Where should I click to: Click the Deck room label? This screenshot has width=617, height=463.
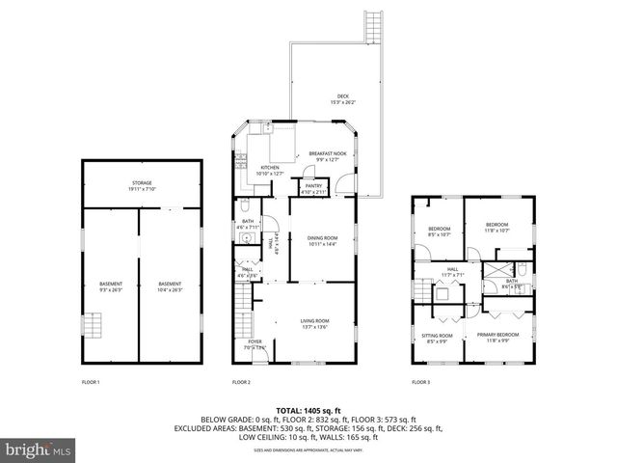[343, 100]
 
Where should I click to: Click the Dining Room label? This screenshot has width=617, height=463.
[322, 240]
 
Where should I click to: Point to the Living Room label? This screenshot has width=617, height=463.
[315, 323]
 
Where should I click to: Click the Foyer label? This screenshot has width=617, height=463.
[255, 344]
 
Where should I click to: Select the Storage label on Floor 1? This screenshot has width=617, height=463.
[142, 185]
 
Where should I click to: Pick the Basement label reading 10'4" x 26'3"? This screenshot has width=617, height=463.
[171, 286]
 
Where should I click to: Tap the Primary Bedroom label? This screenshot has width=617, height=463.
[497, 337]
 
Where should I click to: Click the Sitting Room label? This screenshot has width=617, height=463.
[436, 338]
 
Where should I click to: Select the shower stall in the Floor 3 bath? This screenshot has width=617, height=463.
[497, 269]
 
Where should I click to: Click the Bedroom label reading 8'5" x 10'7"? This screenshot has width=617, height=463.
[440, 231]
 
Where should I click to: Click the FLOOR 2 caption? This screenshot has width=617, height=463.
[241, 383]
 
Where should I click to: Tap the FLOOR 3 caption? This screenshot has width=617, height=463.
[420, 383]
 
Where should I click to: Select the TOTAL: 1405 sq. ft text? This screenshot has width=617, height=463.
[308, 410]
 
